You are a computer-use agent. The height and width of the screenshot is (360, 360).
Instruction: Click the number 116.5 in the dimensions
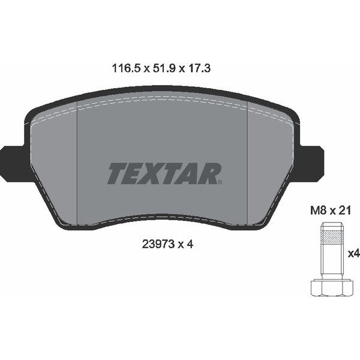126,68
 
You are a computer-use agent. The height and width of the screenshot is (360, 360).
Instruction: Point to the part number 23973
158,244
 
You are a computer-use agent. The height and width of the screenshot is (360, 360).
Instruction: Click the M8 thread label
318,211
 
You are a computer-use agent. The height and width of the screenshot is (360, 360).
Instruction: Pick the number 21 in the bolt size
345,211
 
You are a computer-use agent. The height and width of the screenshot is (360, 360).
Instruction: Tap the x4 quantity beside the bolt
354,254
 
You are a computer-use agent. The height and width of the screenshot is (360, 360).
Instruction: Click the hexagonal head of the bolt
332,287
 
